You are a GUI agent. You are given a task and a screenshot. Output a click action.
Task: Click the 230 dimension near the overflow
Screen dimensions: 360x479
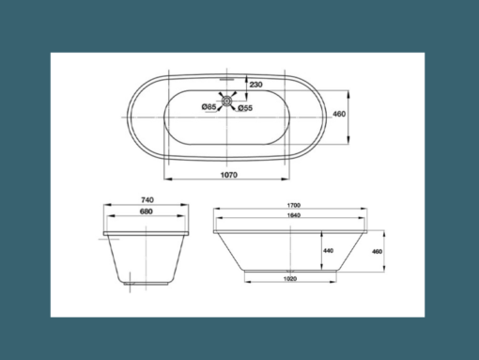255,85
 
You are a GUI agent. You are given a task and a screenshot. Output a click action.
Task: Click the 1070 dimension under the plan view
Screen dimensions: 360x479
224,174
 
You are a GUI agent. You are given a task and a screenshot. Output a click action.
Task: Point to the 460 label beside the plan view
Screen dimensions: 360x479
366,114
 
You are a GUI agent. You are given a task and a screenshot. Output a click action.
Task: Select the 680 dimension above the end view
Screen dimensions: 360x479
147,212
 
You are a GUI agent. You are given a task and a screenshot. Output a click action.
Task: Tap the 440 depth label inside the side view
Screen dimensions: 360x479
328,251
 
